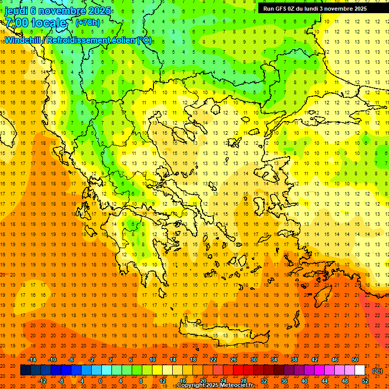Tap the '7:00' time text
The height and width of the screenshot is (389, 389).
[x=17, y=23]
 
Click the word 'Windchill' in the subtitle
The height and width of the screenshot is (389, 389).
[x=24, y=40]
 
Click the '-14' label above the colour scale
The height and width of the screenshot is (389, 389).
[x=33, y=360]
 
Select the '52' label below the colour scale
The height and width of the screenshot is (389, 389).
[x=365, y=381]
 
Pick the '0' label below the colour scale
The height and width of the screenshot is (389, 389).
[x=100, y=381]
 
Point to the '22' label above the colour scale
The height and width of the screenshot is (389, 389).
[x=213, y=360]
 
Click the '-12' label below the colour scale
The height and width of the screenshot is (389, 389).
[x=43, y=381]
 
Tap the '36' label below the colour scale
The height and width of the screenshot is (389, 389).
[x=284, y=381]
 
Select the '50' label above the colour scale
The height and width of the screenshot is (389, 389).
[x=355, y=360]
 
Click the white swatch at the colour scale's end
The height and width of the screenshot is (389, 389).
[x=360, y=370]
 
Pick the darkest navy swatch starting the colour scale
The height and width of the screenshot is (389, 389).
[x=25, y=370]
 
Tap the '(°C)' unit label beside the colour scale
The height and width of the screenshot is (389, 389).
[x=377, y=370]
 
